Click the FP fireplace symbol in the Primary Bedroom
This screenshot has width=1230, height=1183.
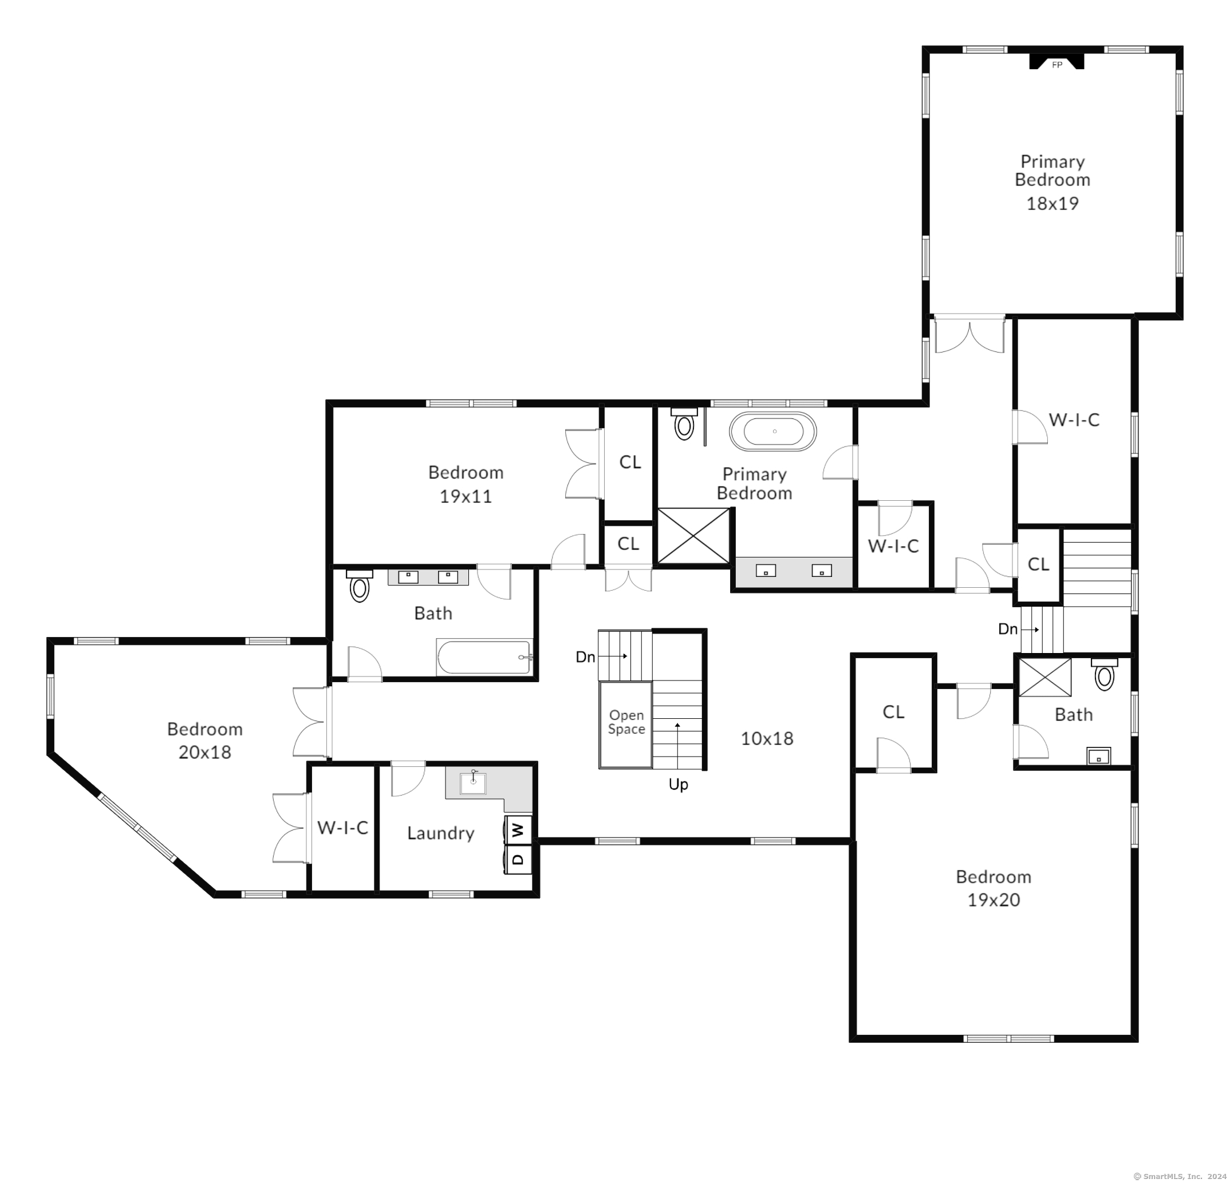tap(1057, 61)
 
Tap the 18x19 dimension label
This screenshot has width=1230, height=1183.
tap(1052, 203)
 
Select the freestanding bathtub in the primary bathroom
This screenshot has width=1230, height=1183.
tap(772, 432)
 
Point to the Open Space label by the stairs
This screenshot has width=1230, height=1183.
tap(626, 722)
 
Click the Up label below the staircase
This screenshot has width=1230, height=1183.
tap(679, 785)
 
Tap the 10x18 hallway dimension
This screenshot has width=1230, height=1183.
tap(767, 739)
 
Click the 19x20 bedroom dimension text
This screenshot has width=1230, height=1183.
tap(994, 900)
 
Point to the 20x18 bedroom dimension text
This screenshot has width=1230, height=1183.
tap(204, 752)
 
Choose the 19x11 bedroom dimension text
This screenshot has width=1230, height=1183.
tap(465, 496)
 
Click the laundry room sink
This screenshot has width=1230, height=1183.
tap(472, 782)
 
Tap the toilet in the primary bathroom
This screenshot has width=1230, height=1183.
tap(684, 424)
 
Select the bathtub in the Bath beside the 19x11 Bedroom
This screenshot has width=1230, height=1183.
tap(484, 656)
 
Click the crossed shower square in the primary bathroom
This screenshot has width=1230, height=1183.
tap(693, 536)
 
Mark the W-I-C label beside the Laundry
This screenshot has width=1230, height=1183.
tap(342, 828)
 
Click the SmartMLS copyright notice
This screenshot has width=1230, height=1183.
tap(1179, 1177)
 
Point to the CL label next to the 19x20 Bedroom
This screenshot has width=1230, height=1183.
tap(894, 712)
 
